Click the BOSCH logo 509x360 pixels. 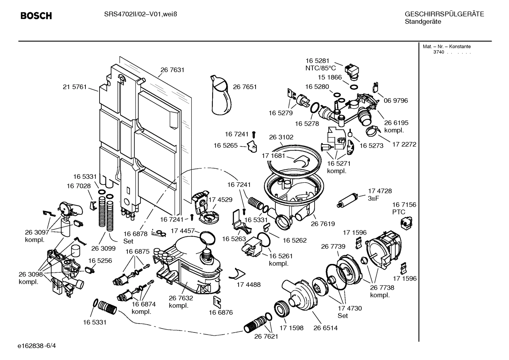point(36,16)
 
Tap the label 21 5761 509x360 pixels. point(74,87)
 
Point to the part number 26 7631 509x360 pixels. point(172,70)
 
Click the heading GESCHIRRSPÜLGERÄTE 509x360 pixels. point(444,14)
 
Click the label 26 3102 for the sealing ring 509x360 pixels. point(281,137)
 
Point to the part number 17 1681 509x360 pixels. point(273,155)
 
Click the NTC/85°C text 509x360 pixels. point(321,68)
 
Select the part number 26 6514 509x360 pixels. point(325,328)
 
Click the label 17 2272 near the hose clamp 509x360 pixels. point(404,144)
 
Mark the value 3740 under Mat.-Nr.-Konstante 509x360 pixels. point(438,52)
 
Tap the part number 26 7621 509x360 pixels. point(266,336)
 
